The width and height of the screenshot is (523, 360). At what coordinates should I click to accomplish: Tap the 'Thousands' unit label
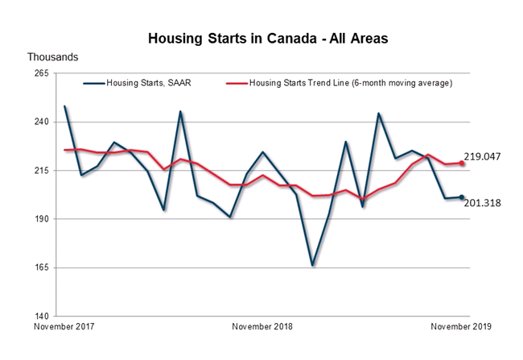coord(53,57)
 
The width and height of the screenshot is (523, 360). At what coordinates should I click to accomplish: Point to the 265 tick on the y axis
coord(41,73)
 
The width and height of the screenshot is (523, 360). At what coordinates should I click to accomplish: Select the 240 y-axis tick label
coord(41,122)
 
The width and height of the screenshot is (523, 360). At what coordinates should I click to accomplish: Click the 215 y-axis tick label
coord(41,171)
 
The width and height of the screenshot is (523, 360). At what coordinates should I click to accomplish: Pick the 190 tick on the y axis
coord(41,219)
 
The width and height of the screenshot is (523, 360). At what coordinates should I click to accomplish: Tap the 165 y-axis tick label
coord(41,267)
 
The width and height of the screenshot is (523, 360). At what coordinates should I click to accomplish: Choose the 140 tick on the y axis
coord(41,317)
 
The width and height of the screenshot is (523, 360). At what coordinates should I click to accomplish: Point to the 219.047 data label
coord(482,157)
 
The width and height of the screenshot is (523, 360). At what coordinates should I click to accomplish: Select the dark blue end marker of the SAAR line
coord(461,197)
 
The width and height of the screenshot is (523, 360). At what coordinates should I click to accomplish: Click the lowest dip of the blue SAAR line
coord(312,265)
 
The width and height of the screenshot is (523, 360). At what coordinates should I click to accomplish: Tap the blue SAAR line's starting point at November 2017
coord(64,106)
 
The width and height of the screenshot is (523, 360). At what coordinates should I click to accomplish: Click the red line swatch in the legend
coord(236,82)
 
